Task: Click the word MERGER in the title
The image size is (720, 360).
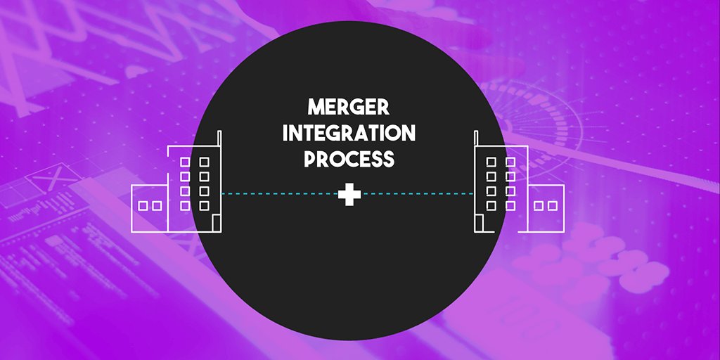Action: click(348, 108)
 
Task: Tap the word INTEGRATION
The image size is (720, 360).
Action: click(348, 134)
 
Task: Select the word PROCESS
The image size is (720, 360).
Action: click(348, 159)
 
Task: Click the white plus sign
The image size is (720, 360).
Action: click(347, 194)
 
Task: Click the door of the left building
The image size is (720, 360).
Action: click(217, 223)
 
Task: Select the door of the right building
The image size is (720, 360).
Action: click(479, 223)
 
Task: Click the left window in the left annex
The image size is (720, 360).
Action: click(143, 206)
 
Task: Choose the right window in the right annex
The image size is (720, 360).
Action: click(553, 206)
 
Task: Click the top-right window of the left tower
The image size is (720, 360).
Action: click(205, 162)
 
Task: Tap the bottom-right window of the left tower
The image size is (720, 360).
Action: click(205, 205)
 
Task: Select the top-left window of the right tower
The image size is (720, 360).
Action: click(491, 162)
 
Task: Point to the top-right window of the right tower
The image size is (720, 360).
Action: click(510, 162)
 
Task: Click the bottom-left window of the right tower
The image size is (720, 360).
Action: click(491, 205)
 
